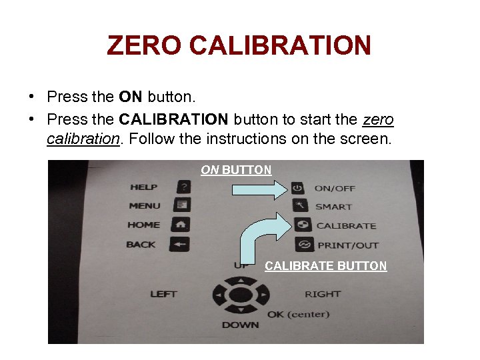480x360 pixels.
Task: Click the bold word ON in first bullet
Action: [x=130, y=97]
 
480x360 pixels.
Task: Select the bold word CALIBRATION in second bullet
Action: [x=173, y=119]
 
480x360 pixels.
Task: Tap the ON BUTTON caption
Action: [x=236, y=170]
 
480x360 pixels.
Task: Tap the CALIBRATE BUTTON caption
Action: [x=325, y=266]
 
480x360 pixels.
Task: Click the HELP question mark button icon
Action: [x=182, y=187]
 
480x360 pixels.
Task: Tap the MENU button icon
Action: [x=182, y=206]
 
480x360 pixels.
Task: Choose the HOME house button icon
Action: [x=181, y=225]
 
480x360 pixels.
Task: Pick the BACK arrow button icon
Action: [x=180, y=244]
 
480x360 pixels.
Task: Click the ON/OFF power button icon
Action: [x=297, y=189]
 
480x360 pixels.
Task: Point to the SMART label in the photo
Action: [x=333, y=207]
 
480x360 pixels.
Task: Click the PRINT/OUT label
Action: [x=347, y=245]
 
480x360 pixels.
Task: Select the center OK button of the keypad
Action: [x=241, y=294]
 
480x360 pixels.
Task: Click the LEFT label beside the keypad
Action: [x=163, y=293]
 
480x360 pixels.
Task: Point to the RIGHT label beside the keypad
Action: [x=323, y=293]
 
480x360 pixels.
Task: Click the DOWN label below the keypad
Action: [x=240, y=325]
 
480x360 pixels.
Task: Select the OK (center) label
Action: [x=298, y=313]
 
